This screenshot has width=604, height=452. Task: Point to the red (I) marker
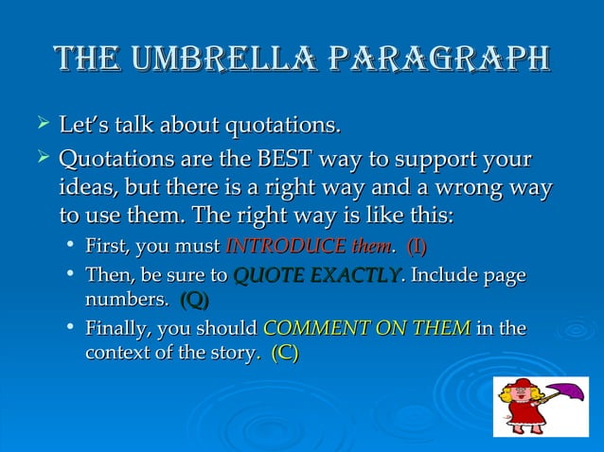point(417,248)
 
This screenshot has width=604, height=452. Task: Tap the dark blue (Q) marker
point(194,301)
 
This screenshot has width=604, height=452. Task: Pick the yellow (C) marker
point(285,354)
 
